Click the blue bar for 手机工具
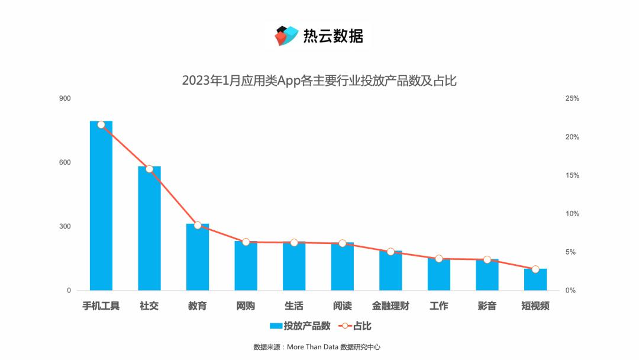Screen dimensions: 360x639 101,207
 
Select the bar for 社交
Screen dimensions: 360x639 149,231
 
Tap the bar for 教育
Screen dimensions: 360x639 198,258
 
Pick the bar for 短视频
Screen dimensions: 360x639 535,280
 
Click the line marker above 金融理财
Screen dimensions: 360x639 390,252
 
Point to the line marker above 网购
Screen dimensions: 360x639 246,242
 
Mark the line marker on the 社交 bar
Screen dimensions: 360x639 149,169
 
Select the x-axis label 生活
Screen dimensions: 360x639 294,306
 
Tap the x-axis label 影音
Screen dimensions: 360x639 487,306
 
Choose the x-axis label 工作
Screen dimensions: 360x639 438,306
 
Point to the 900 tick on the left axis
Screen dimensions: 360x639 64,98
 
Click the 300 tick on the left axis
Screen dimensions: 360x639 64,227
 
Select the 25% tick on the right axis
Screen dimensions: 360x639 572,98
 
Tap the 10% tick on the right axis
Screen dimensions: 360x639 572,214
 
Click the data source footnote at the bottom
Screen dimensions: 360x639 320,347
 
